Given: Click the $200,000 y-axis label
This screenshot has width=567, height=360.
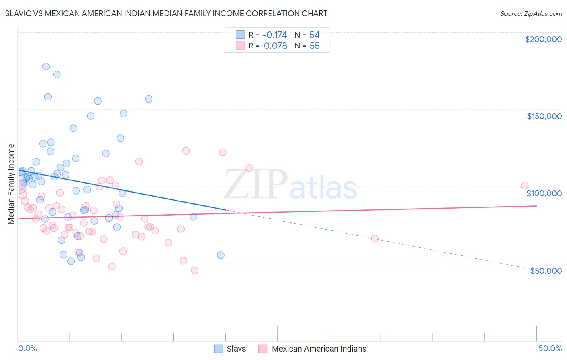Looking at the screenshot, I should point(543,39).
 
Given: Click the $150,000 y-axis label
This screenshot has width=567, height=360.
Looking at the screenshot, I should point(544,116).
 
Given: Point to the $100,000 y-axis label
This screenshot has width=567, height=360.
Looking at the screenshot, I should point(544,193).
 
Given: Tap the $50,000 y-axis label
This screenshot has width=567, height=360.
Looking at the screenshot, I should point(546,270).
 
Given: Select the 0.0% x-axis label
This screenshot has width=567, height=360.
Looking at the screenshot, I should point(27,348).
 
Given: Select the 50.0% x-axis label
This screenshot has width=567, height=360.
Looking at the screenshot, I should point(550,348).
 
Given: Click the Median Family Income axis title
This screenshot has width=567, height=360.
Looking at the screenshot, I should point(11,184).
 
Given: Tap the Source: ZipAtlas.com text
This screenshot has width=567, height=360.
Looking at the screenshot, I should point(531,13).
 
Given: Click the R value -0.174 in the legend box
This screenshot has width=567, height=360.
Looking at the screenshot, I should point(275,35).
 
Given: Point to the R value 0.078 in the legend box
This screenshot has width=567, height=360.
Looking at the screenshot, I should point(275,46).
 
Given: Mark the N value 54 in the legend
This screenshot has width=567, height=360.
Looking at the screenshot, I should point(315,35).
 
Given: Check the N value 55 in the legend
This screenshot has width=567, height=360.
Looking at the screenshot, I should point(315,46).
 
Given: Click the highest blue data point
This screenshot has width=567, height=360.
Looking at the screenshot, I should point(46,67).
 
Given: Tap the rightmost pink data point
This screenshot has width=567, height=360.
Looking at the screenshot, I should point(525,186).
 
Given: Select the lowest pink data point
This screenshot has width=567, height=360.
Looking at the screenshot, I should point(194,270).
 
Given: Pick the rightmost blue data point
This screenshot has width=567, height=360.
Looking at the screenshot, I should point(221,255).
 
